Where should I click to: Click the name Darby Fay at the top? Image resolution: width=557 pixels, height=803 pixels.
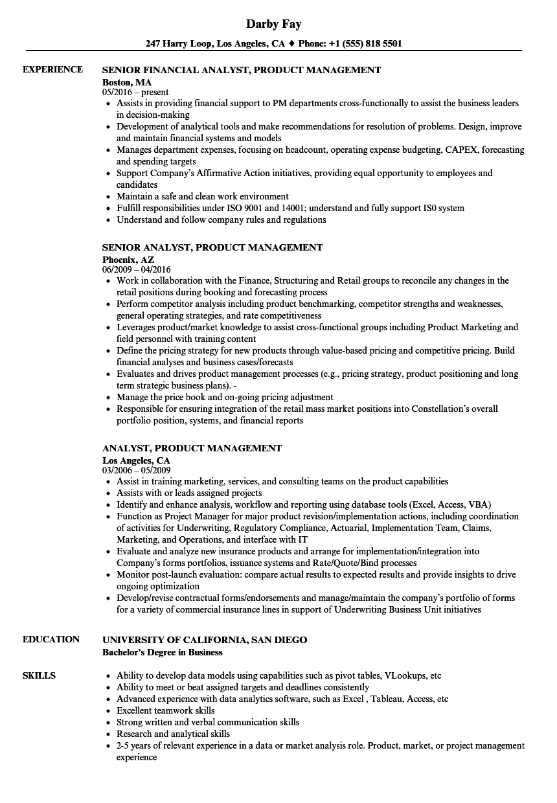click(x=273, y=24)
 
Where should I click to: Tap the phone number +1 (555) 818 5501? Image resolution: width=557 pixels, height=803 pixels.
click(x=364, y=44)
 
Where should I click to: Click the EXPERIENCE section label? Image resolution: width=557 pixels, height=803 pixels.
click(x=52, y=69)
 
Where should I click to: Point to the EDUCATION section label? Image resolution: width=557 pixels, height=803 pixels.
click(x=51, y=639)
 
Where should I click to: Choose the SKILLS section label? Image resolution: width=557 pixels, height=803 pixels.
click(x=39, y=675)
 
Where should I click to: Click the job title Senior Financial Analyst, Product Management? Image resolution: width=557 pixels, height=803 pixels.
click(x=242, y=70)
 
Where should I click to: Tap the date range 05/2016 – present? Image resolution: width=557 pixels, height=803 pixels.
click(x=135, y=93)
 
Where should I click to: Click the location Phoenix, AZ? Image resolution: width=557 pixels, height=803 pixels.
click(x=128, y=259)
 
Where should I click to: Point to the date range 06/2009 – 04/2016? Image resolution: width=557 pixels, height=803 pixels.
click(x=137, y=269)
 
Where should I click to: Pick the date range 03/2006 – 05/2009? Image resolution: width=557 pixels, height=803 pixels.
click(x=137, y=470)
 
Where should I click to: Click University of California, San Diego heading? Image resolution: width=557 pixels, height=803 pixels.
click(x=205, y=640)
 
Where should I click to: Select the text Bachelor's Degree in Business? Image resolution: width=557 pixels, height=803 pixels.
click(x=163, y=652)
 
